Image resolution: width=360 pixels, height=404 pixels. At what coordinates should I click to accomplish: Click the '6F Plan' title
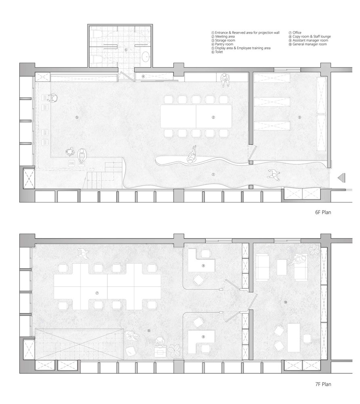tap(323, 213)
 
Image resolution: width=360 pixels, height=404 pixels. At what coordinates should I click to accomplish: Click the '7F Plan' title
tap(323, 384)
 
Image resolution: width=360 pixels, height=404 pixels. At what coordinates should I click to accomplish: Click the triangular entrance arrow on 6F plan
tap(341, 178)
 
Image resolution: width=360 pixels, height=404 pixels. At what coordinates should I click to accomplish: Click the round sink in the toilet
tap(146, 56)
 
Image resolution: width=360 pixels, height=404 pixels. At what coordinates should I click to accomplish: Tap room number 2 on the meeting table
tap(213, 117)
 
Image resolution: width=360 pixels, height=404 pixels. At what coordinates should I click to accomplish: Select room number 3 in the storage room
tap(299, 117)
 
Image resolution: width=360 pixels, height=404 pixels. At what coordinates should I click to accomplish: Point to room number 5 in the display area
tap(77, 117)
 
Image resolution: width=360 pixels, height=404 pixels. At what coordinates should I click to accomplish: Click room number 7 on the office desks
tap(97, 293)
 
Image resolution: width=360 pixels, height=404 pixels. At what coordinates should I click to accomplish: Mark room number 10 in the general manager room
tap(285, 302)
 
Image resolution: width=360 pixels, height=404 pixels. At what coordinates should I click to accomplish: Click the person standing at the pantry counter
tap(225, 80)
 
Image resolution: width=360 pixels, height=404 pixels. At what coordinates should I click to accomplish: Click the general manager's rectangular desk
tap(294, 338)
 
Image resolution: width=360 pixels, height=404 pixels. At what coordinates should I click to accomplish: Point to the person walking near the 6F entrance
tap(273, 174)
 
